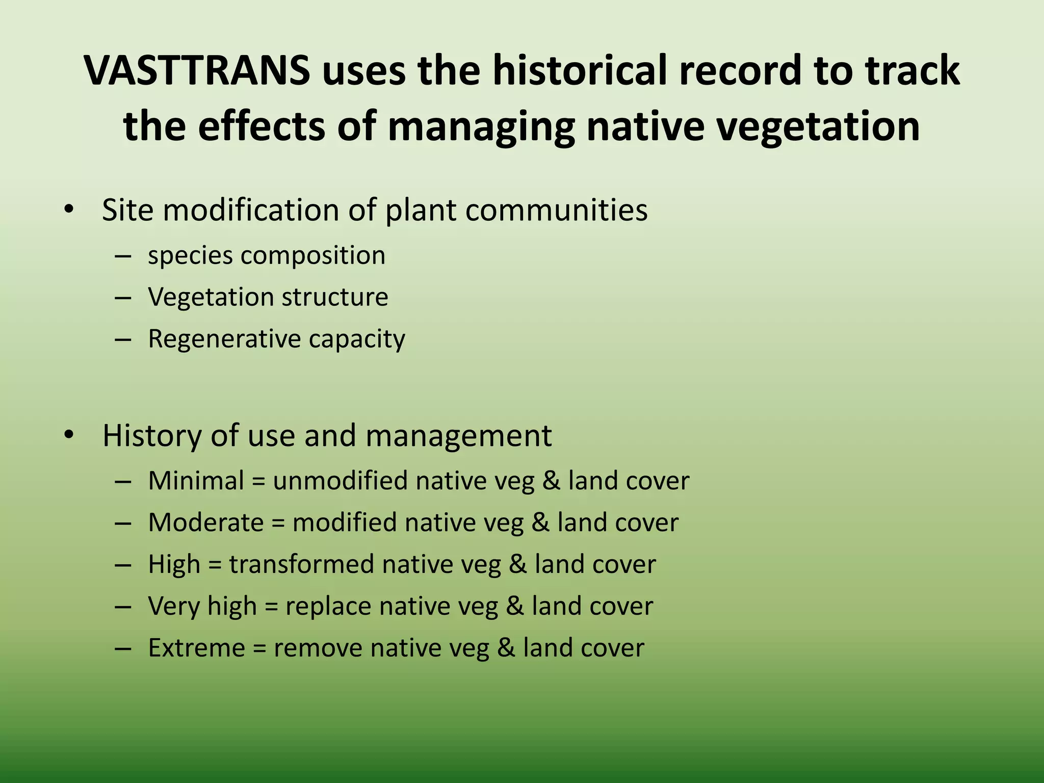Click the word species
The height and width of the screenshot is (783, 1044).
190,256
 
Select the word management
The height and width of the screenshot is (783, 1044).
458,436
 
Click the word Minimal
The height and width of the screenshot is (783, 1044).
196,481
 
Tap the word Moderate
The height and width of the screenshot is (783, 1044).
206,523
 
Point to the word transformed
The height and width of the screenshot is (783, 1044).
301,564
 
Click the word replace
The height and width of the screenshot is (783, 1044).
328,607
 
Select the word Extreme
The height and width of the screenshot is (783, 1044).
197,648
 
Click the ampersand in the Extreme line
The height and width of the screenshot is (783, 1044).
506,648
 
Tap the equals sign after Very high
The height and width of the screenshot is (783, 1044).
271,607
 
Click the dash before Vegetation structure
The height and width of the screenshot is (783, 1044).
123,297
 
